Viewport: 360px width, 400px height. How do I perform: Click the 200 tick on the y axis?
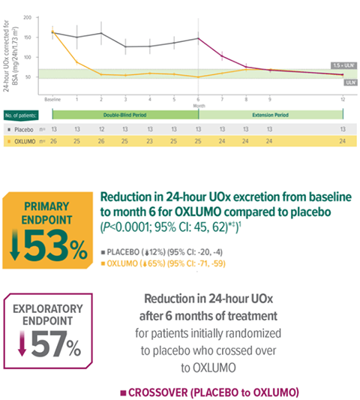28,17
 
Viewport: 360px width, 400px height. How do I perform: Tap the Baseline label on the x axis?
52,98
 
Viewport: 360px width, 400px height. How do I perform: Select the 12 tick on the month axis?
343,98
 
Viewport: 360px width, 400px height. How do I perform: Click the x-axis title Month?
199,105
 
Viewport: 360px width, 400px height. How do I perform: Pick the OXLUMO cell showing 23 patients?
150,140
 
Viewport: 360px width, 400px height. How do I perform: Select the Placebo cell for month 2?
101,128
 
